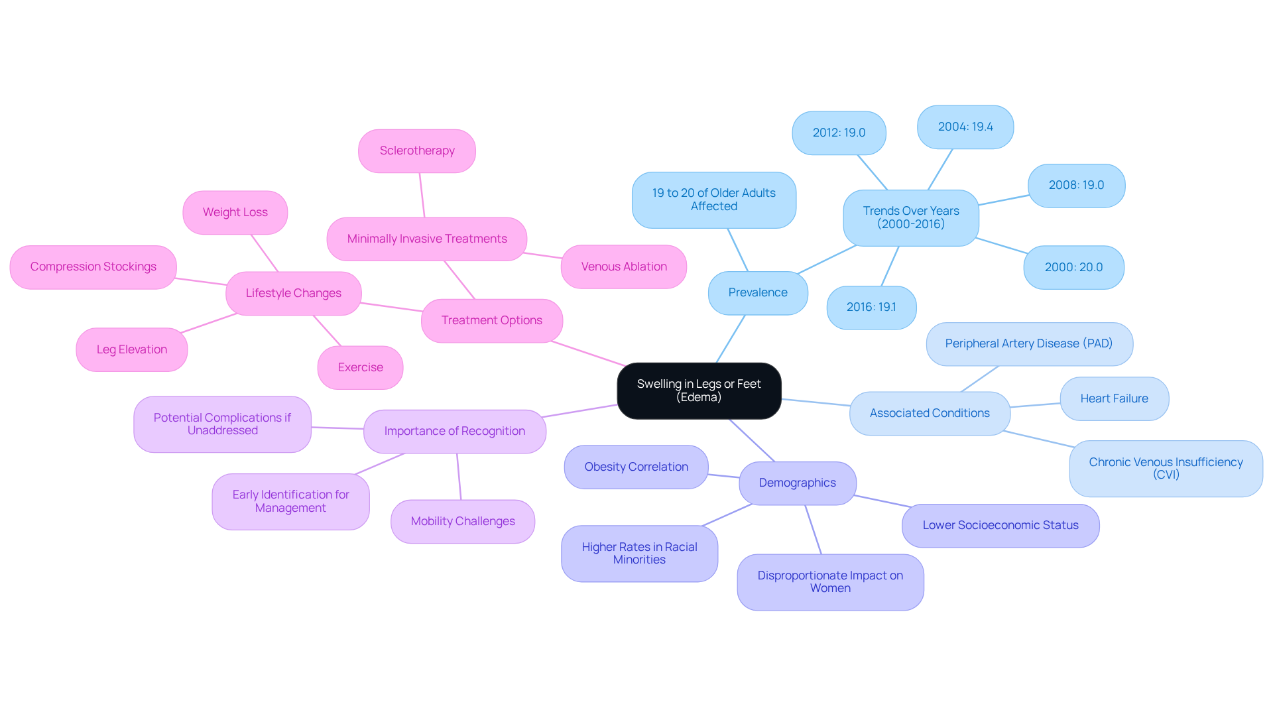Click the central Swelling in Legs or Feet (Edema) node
coord(699,390)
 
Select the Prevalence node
coord(758,292)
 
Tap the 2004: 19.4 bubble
coord(965,127)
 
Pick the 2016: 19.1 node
coord(871,307)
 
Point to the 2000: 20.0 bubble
coord(1073,267)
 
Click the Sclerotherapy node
coord(417,150)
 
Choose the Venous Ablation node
coord(624,267)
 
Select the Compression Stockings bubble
coord(93,267)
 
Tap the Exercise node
coord(360,367)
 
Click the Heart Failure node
coord(1114,398)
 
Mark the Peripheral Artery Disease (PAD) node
coord(1029,343)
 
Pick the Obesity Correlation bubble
coord(636,467)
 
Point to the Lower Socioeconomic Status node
coord(1000,525)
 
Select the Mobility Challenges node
coord(463,521)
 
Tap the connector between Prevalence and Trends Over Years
coord(827,259)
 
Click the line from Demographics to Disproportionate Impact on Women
coord(814,530)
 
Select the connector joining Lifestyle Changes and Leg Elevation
coord(208,323)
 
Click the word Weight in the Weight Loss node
coord(220,212)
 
